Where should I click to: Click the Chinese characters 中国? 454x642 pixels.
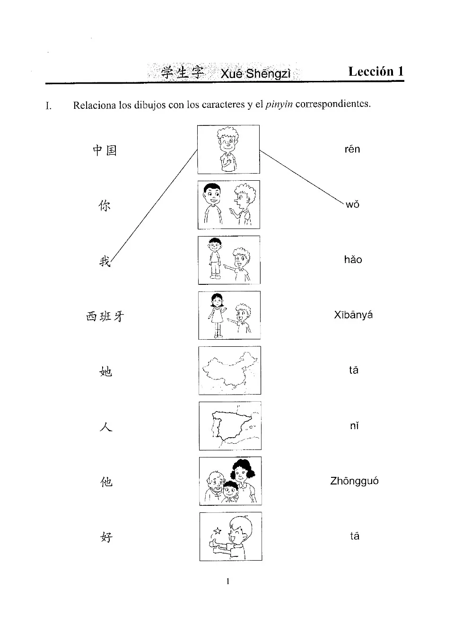(x=105, y=150)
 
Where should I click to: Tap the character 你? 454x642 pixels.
(x=105, y=206)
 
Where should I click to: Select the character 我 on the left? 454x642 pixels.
(x=105, y=261)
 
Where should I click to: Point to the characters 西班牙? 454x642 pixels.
(x=105, y=316)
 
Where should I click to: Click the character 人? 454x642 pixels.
(x=106, y=427)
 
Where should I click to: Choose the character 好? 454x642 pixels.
(x=106, y=537)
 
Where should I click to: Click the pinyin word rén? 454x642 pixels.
(x=352, y=150)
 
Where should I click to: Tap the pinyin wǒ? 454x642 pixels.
(x=352, y=205)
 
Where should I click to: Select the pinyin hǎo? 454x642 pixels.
(x=353, y=260)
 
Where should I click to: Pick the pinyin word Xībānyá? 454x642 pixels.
(x=353, y=315)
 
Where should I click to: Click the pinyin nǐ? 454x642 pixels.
(x=354, y=426)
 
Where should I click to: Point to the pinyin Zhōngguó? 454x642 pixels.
(x=354, y=481)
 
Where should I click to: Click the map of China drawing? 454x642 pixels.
(x=229, y=370)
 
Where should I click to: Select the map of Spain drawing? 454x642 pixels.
(x=229, y=426)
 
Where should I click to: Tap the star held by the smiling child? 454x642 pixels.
(x=218, y=531)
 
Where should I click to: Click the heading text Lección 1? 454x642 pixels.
(x=376, y=71)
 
